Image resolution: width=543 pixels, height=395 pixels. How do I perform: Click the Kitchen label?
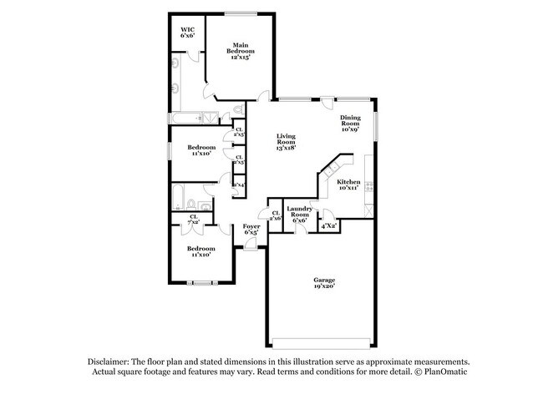click(x=348, y=181)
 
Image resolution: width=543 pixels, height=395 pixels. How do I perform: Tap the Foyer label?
click(x=251, y=226)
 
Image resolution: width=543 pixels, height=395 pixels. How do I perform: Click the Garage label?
click(x=324, y=280)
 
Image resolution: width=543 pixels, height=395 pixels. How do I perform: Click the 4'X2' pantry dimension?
click(x=329, y=225)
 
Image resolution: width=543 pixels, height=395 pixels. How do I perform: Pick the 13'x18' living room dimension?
click(x=287, y=147)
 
